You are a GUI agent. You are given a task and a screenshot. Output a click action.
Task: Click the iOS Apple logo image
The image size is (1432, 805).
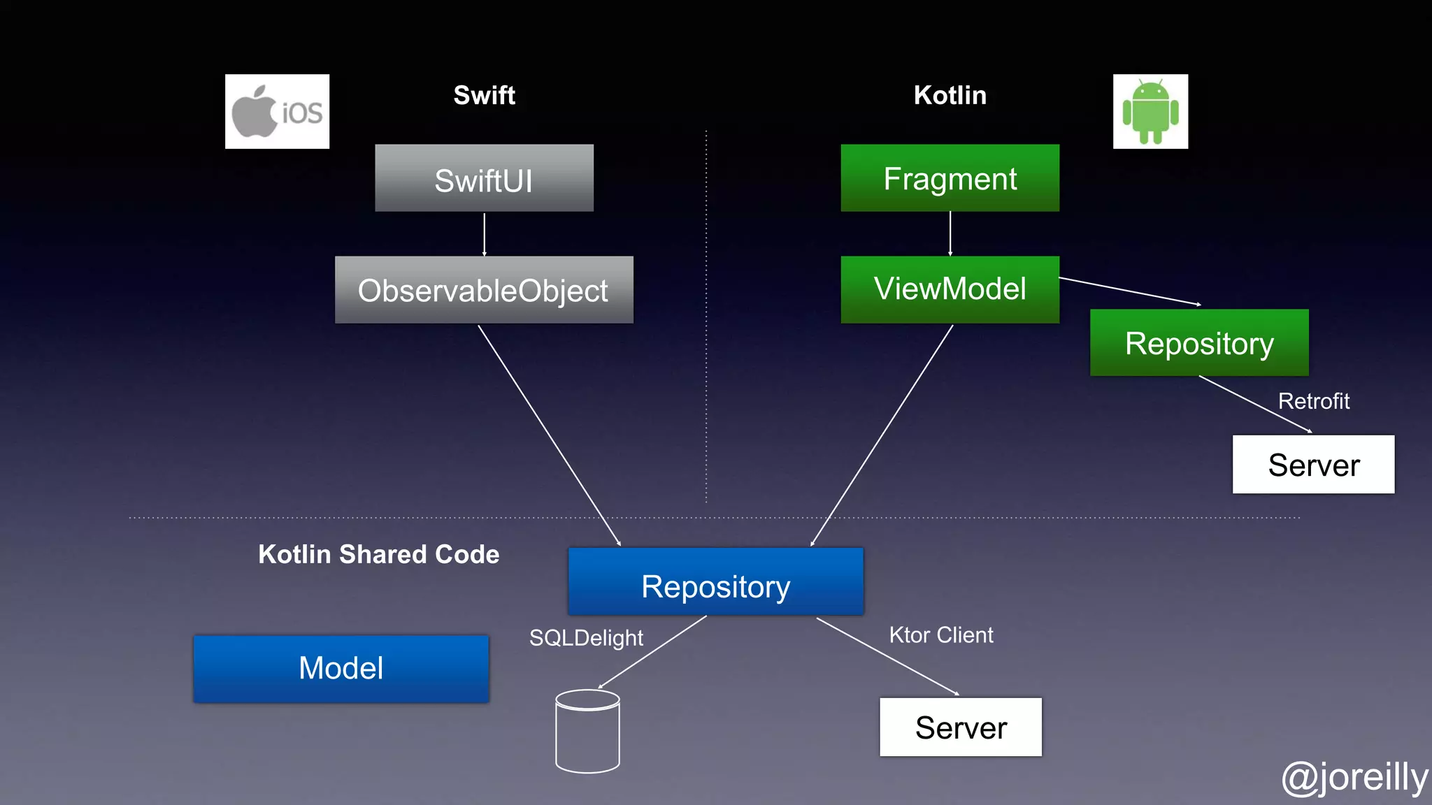point(277,112)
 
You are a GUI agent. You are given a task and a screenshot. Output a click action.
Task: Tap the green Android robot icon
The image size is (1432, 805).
point(1150,112)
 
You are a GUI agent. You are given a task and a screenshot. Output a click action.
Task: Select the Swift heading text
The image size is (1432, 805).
point(484,95)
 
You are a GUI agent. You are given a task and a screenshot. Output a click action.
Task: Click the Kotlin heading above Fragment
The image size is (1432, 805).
point(950,95)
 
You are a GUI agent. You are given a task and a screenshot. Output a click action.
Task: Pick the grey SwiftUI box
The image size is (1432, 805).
point(484,178)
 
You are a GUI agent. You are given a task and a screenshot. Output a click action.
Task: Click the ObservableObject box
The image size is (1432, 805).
point(484,290)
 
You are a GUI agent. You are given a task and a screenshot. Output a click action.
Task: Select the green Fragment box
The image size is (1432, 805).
point(950,178)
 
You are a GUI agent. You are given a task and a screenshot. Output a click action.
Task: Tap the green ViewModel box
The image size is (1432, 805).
point(950,289)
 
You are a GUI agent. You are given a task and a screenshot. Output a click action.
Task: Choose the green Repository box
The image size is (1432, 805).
point(1199,343)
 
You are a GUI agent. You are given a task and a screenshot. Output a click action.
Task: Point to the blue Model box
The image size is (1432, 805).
point(341,669)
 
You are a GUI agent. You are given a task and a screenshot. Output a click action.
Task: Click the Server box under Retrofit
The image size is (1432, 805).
point(1313,465)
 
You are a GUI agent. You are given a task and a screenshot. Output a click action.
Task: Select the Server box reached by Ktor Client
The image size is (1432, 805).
point(961,727)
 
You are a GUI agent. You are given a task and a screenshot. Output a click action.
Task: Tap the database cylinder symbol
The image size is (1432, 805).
point(587,732)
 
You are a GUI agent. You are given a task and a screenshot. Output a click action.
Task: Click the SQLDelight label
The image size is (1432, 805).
point(586,637)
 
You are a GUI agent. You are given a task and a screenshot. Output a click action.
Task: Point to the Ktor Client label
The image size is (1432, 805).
point(940,634)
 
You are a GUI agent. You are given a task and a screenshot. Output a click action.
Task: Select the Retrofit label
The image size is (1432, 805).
point(1313,401)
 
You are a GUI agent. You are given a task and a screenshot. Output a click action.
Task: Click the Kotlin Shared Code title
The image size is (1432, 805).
point(378,554)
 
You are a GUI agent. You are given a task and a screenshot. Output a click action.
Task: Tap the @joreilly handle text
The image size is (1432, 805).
point(1354,777)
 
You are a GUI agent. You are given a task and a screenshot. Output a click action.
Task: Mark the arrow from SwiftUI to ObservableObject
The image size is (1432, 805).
point(484,234)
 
